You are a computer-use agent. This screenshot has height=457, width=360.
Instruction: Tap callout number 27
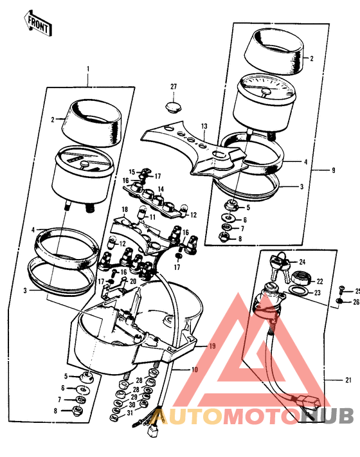tap(173, 87)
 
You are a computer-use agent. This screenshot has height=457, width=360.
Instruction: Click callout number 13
tap(204, 126)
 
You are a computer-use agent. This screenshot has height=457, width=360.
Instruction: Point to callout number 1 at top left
tap(88, 69)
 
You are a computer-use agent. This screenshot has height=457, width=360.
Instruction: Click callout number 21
tap(348, 380)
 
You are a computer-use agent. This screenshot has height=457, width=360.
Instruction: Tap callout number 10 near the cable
tap(194, 370)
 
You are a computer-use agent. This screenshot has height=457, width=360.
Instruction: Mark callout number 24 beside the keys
tap(302, 262)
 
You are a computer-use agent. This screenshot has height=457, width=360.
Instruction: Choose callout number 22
tap(319, 281)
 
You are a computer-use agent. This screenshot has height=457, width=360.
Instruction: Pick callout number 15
tap(132, 172)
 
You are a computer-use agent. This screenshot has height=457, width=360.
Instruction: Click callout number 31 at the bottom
tap(130, 413)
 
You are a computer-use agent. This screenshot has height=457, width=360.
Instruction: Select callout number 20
tap(132, 281)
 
